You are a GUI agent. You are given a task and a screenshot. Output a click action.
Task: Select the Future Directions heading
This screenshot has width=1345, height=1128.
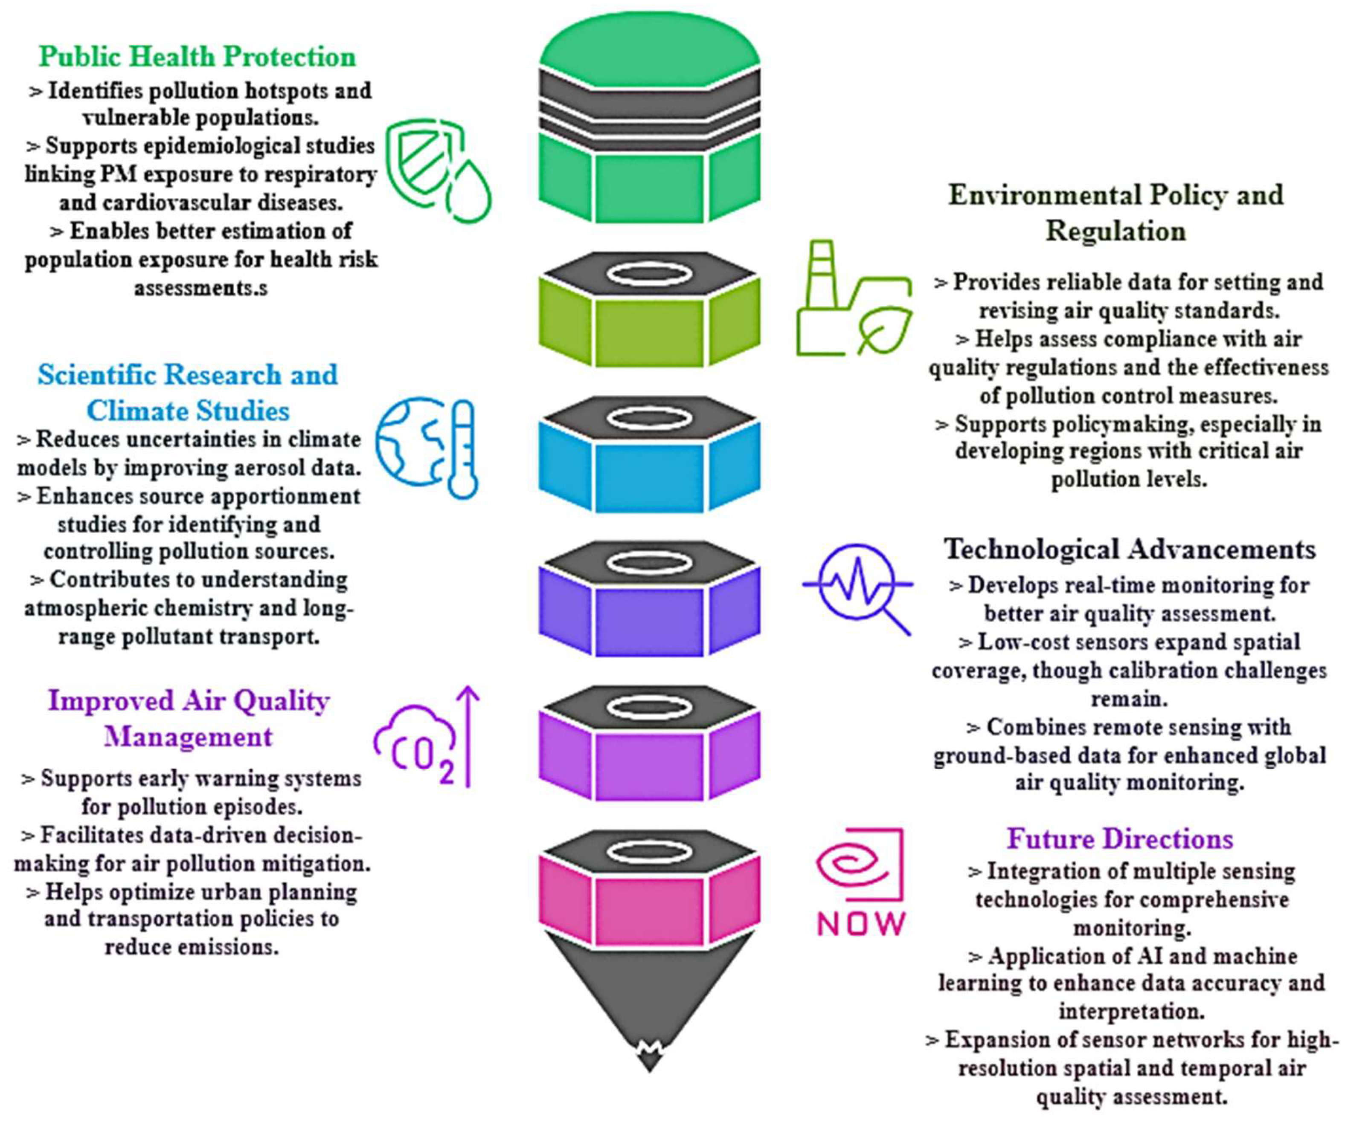pyautogui.click(x=1119, y=839)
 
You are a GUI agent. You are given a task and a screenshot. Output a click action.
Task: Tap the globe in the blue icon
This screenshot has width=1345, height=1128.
pyautogui.click(x=410, y=442)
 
